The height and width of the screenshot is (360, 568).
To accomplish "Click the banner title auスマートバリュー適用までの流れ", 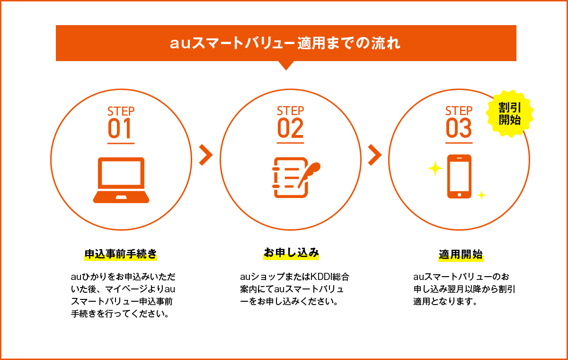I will (285, 44).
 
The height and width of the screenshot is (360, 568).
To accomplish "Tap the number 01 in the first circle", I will (121, 128).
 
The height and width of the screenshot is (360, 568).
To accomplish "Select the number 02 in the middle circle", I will (290, 128).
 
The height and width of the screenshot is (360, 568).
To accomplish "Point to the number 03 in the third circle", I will (459, 128).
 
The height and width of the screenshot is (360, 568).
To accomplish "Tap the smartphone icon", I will (459, 176).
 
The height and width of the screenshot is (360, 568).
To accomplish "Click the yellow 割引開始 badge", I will (509, 114).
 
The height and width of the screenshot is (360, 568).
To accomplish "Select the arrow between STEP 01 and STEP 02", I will (205, 155).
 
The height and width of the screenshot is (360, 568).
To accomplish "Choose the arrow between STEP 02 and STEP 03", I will (374, 155).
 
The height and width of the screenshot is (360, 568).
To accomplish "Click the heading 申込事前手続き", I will (120, 254).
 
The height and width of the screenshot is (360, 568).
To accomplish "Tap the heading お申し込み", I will (291, 252).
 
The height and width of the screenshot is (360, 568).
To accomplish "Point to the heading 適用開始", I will (461, 254).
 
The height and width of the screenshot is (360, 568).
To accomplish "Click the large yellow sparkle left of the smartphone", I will (435, 169).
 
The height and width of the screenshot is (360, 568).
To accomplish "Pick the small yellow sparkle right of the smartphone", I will (481, 195).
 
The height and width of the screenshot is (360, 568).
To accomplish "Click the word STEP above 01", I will (121, 111).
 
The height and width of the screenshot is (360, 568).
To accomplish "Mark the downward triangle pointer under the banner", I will (285, 65).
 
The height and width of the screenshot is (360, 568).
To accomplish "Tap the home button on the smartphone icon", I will (459, 194).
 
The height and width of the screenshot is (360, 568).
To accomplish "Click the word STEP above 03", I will (459, 111).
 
